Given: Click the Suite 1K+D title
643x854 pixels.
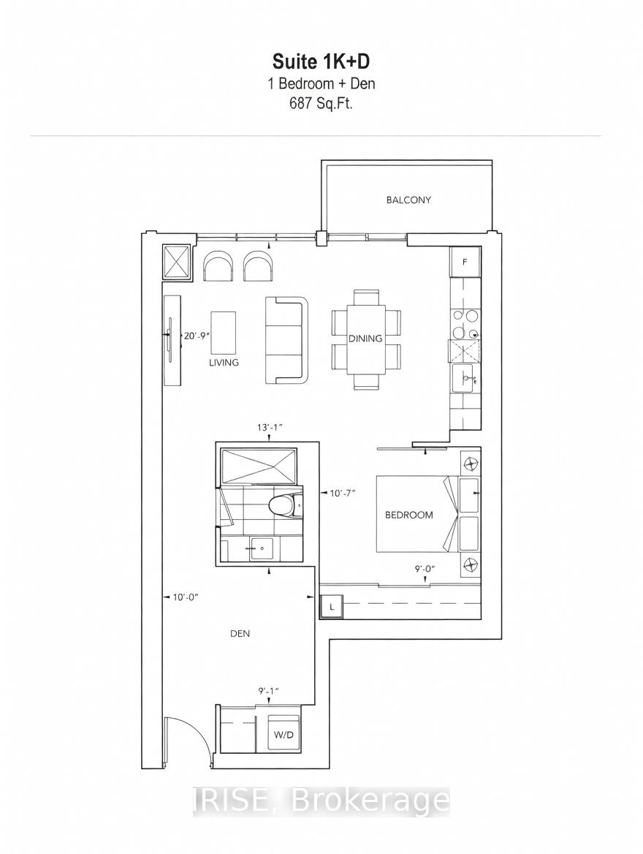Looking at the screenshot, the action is click(x=321, y=62).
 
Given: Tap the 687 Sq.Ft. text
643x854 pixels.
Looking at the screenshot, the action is click(x=321, y=104).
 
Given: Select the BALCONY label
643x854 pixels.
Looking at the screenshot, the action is click(x=408, y=200).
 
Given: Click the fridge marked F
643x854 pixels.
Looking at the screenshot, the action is click(x=465, y=262).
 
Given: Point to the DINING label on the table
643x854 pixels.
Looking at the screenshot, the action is click(x=365, y=339).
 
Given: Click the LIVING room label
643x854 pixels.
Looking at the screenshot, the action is click(x=224, y=362).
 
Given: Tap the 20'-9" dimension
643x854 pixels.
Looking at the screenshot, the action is click(x=196, y=336).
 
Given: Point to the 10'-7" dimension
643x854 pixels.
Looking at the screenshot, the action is click(x=343, y=494).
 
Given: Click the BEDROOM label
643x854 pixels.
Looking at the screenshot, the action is click(x=409, y=515).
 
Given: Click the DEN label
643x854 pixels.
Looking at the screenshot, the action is click(x=240, y=633).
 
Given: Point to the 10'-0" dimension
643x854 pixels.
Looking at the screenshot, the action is click(x=185, y=597).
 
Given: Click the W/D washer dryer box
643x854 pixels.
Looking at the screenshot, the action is click(x=283, y=734).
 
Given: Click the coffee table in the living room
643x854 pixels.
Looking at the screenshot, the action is click(x=224, y=333).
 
